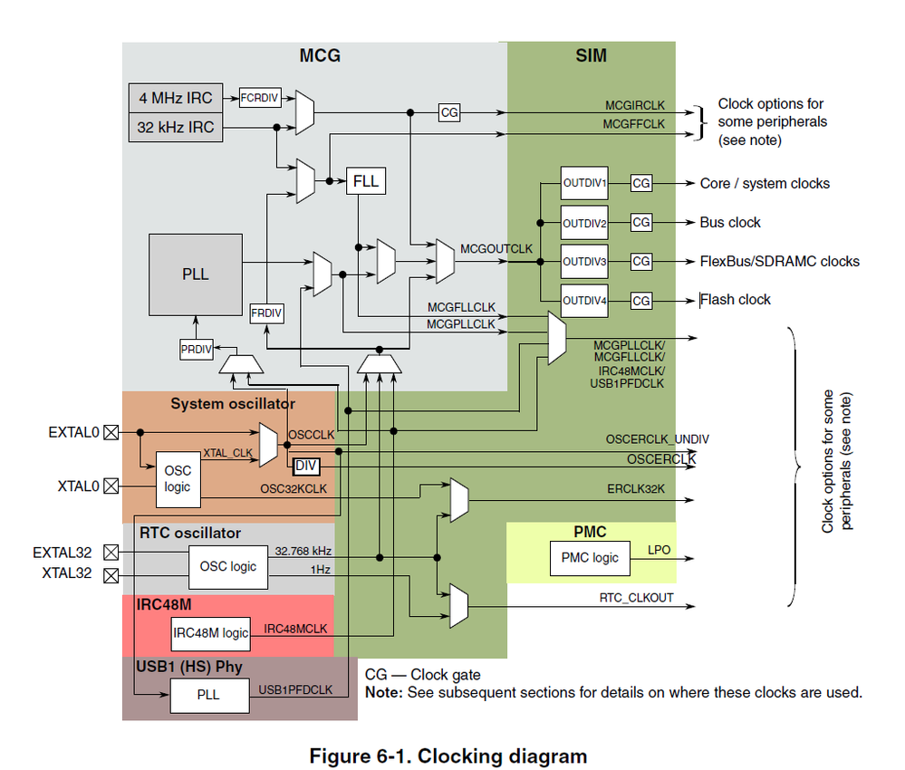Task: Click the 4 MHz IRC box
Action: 176,97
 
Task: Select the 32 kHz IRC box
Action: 176,128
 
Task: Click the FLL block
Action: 366,181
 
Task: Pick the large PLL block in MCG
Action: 195,274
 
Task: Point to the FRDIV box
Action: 266,313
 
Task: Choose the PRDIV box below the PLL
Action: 196,349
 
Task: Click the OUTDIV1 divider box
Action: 584,183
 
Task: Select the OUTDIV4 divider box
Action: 584,300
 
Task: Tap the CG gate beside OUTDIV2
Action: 640,222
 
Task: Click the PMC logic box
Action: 592,557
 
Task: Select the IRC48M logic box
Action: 210,633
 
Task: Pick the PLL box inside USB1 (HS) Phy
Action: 208,696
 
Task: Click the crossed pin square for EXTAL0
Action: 111,433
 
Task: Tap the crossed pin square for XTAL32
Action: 111,574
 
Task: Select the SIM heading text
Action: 591,56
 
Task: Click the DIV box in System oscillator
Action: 305,466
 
